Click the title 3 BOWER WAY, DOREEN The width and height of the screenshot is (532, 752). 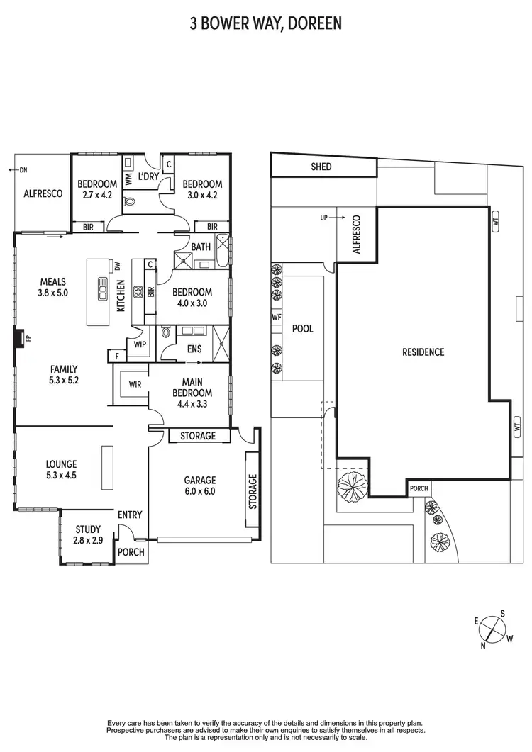tap(265, 24)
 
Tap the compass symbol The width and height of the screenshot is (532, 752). tap(492, 629)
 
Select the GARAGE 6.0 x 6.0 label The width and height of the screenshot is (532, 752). tap(199, 486)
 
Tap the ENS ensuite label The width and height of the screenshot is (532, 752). tap(194, 349)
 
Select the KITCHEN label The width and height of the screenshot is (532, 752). tap(121, 296)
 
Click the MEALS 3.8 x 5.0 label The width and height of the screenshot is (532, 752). tap(53, 286)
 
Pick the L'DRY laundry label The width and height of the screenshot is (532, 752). tap(148, 176)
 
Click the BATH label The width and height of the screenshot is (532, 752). tap(201, 247)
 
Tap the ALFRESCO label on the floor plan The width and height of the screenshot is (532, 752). tap(43, 193)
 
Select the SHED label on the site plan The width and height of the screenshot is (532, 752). tap(321, 167)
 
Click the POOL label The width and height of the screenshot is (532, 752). tap(303, 329)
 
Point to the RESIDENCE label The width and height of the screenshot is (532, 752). tap(423, 352)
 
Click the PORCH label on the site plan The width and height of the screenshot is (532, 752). tap(419, 488)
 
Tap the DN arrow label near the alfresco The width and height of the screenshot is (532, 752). tap(20, 169)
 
